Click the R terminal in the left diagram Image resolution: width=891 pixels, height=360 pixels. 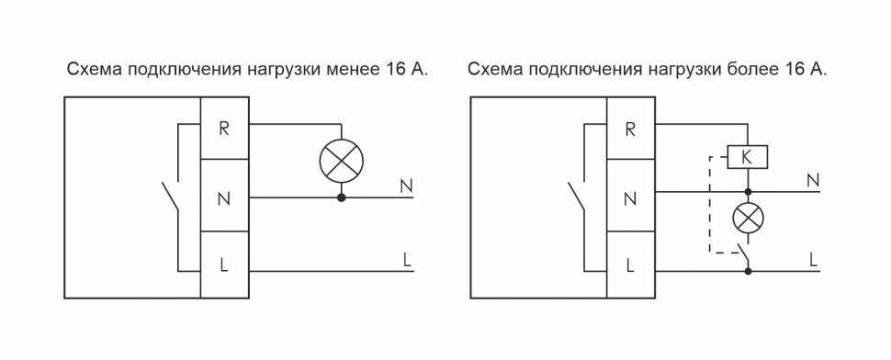pyautogui.click(x=224, y=127)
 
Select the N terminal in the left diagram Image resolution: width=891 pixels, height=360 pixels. pyautogui.click(x=224, y=197)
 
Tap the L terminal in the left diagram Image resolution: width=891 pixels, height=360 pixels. pyautogui.click(x=224, y=266)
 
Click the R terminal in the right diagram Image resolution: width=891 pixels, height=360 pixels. pyautogui.click(x=630, y=127)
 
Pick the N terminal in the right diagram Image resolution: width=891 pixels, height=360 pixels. pyautogui.click(x=630, y=197)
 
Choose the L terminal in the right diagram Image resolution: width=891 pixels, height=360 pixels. pyautogui.click(x=630, y=266)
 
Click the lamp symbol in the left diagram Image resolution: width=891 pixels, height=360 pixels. pyautogui.click(x=341, y=163)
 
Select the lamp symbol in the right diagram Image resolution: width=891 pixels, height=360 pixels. pyautogui.click(x=748, y=219)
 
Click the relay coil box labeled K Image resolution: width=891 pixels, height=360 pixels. pyautogui.click(x=747, y=158)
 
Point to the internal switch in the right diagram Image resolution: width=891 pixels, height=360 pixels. pyautogui.click(x=578, y=197)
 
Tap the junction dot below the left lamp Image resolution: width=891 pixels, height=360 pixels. pyautogui.click(x=341, y=197)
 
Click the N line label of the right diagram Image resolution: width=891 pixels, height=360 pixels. pyautogui.click(x=812, y=180)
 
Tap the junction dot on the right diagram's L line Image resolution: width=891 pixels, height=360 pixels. pyautogui.click(x=748, y=272)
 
